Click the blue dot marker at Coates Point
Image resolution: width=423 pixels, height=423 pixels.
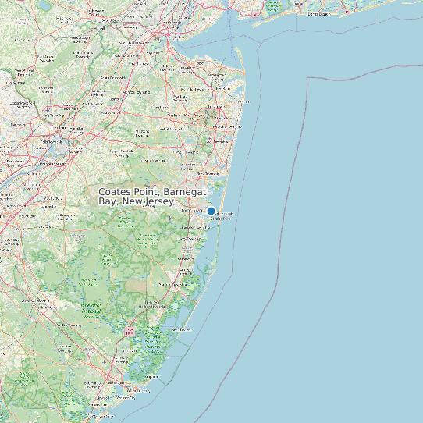click(211, 211)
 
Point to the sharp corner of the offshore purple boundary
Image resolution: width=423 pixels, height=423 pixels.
click(309, 78)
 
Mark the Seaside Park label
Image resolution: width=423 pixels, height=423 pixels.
click(222, 219)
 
